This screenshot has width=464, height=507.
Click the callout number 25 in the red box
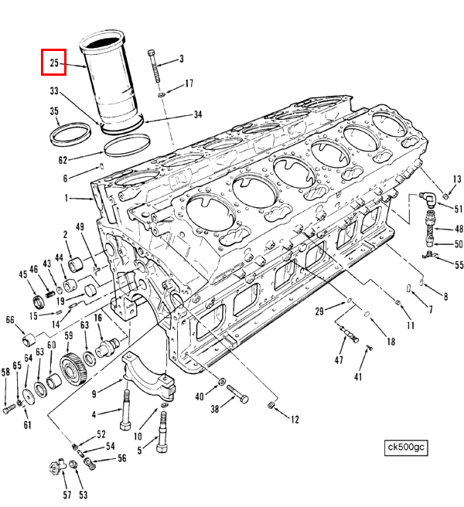[x=54, y=63]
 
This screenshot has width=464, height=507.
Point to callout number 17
[x=189, y=83]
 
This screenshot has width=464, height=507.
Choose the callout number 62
[x=63, y=161]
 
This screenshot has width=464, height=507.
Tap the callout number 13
[x=457, y=180]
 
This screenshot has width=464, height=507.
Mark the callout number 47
[x=338, y=360]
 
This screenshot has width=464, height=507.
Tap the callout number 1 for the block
[x=67, y=199]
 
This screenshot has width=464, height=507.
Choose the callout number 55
[x=459, y=265]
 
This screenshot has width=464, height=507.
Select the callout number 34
[x=198, y=114]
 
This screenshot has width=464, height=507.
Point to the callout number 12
[x=295, y=420]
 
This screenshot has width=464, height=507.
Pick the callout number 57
[x=67, y=495]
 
